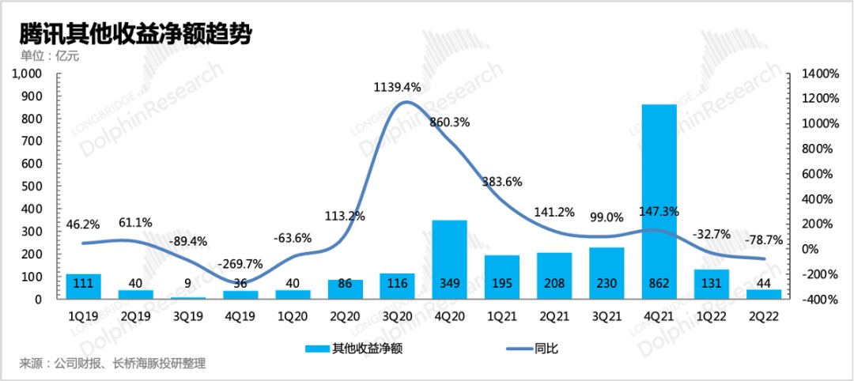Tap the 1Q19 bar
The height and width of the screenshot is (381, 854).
tap(83, 286)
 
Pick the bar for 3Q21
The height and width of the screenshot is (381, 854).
tap(606, 273)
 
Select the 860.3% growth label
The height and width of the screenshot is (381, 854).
tap(449, 123)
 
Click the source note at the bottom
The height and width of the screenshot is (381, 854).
tap(112, 364)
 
